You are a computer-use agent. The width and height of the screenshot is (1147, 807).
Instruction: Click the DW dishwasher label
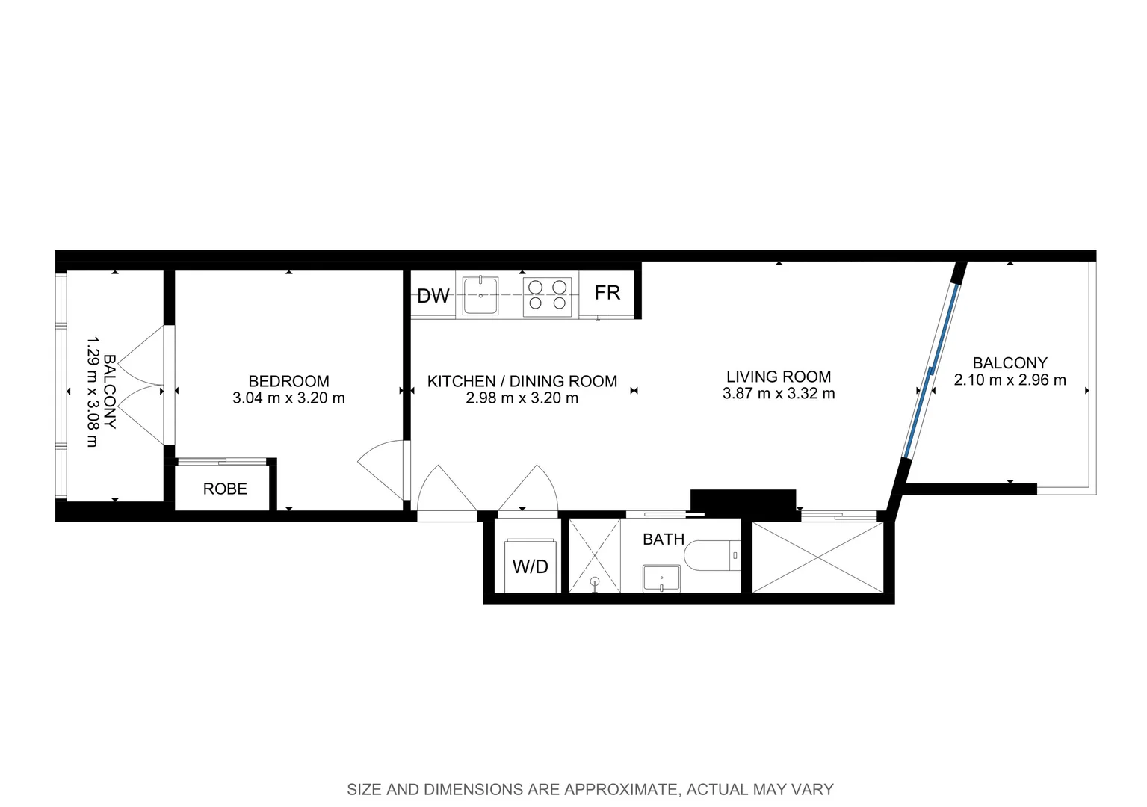tap(433, 296)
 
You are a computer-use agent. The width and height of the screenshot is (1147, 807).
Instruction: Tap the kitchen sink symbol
tap(480, 296)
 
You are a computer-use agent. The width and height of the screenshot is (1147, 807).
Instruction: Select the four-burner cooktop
tap(547, 294)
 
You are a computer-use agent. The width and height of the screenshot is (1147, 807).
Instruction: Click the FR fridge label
tap(607, 293)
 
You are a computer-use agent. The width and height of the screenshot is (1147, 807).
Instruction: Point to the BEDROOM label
tap(288, 381)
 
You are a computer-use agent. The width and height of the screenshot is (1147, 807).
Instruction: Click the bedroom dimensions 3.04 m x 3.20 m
tap(288, 398)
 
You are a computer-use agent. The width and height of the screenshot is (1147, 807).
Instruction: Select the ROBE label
tap(225, 489)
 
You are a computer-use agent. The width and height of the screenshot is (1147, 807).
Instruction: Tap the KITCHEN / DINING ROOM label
tap(522, 381)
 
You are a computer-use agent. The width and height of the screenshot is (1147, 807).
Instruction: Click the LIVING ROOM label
tap(779, 377)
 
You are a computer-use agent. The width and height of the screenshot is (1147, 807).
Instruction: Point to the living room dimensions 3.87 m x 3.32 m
tap(779, 394)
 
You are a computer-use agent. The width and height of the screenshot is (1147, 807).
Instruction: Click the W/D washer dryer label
tap(530, 566)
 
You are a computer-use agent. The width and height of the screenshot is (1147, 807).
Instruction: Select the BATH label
tap(664, 539)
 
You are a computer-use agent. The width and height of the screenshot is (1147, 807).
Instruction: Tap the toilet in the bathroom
tap(714, 556)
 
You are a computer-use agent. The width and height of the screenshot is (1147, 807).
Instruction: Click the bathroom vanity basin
tap(661, 578)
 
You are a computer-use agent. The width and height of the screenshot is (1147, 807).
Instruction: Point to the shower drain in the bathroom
tap(595, 581)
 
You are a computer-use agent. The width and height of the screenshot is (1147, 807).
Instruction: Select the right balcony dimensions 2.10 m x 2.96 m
tap(1010, 380)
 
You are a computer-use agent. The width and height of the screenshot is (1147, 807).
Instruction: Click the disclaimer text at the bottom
tap(590, 789)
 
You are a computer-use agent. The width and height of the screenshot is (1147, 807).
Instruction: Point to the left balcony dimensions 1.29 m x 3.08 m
tap(92, 392)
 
